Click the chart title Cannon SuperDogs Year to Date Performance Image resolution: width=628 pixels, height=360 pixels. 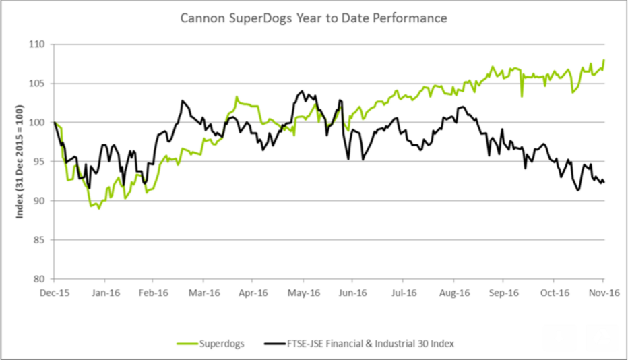(x=313, y=18)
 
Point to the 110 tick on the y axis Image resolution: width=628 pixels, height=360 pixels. (x=36, y=44)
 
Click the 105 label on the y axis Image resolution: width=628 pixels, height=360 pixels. (x=36, y=84)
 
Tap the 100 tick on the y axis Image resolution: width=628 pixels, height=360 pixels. (x=36, y=123)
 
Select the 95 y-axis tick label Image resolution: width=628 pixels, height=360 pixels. (x=38, y=162)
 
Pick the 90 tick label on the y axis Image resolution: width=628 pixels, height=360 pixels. (x=38, y=201)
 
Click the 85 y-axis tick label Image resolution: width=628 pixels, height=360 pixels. (x=38, y=240)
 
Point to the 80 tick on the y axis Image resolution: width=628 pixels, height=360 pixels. (x=38, y=279)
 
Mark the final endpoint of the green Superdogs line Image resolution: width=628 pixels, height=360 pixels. (x=604, y=60)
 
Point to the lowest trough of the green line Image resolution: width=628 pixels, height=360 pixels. (x=99, y=208)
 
